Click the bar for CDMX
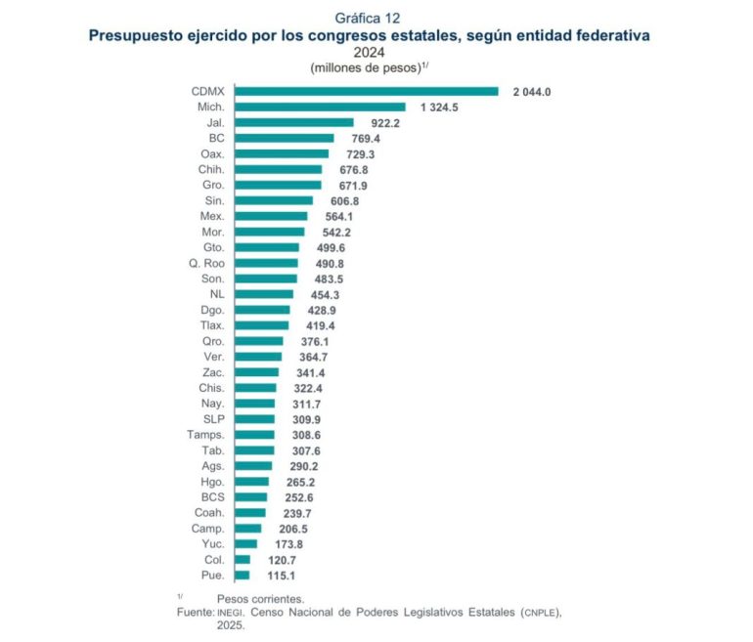[368, 91]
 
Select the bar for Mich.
[321, 107]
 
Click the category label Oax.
[212, 153]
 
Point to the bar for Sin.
[275, 200]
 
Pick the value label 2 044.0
[533, 91]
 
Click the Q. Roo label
[206, 263]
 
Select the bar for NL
[264, 294]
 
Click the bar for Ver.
[258, 357]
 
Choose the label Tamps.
[205, 434]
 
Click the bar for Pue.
[243, 575]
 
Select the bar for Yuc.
[246, 543]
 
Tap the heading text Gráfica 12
[368, 18]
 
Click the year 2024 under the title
[368, 52]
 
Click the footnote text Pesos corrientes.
[260, 597]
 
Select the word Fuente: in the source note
[196, 612]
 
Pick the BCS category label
[211, 496]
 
